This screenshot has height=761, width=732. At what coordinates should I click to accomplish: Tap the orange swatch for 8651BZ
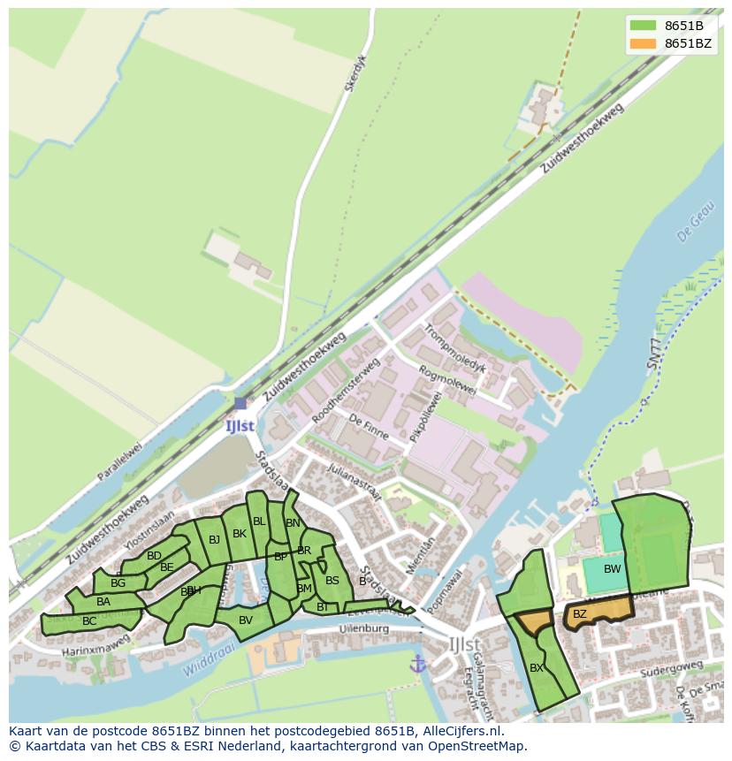[644, 43]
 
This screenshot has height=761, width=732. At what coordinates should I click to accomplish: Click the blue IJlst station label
[240, 425]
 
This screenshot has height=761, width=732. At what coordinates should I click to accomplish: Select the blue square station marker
[240, 403]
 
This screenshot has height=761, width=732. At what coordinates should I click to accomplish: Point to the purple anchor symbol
[417, 663]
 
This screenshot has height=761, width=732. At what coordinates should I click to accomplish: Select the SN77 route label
[652, 353]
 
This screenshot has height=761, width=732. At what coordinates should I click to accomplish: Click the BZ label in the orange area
[580, 613]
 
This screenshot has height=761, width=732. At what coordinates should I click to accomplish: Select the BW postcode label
[612, 569]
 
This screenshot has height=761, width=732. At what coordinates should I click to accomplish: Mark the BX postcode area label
[537, 668]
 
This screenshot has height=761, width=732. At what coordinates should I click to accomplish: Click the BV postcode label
[246, 620]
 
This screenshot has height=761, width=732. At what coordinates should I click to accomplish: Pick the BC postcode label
[89, 621]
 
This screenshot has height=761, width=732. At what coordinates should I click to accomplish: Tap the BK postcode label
[240, 534]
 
